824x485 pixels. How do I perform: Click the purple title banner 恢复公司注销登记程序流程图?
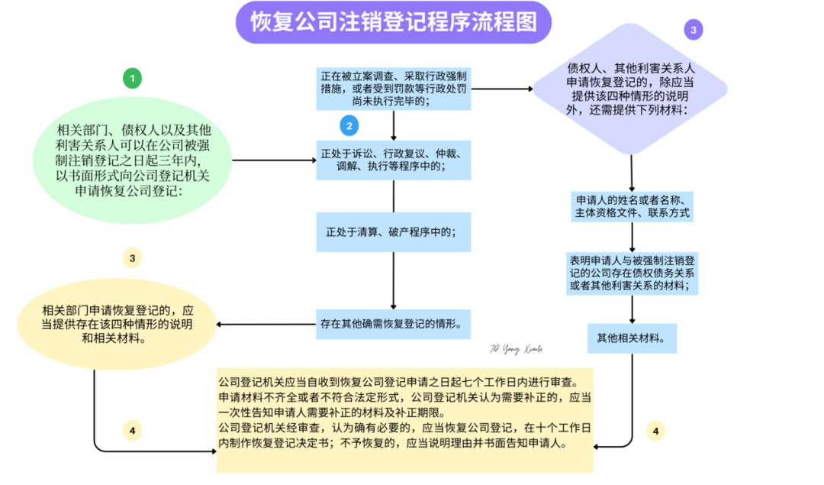pyautogui.click(x=394, y=22)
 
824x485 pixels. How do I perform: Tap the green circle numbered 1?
pyautogui.click(x=132, y=78)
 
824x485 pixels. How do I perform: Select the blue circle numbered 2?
pyautogui.click(x=349, y=126)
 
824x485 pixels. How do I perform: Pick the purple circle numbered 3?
pyautogui.click(x=693, y=30)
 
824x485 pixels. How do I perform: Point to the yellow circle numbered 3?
pyautogui.click(x=132, y=258)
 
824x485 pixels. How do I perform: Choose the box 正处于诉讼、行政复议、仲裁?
pyautogui.click(x=394, y=160)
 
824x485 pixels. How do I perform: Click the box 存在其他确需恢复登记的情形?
pyautogui.click(x=394, y=324)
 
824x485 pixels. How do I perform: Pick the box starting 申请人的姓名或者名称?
pyautogui.click(x=632, y=206)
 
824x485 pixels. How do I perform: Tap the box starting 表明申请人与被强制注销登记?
pyautogui.click(x=632, y=273)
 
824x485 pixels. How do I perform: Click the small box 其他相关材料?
pyautogui.click(x=632, y=337)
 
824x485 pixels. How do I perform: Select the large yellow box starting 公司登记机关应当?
pyautogui.click(x=404, y=419)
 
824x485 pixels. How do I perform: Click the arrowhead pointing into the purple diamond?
pyautogui.click(x=529, y=89)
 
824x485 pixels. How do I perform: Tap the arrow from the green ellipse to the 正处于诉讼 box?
pyautogui.click(x=275, y=160)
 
